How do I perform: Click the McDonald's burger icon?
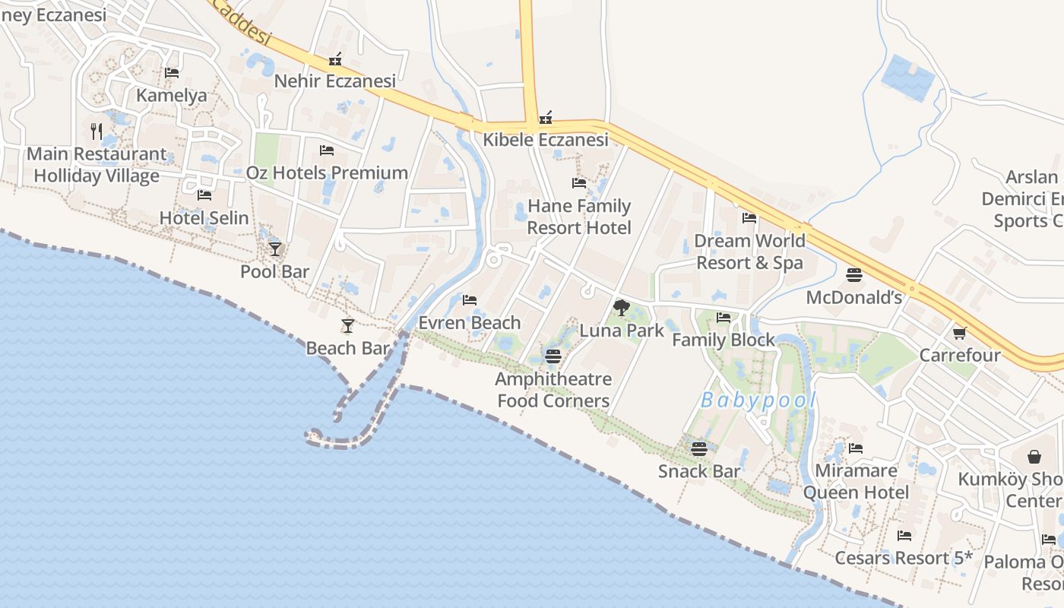click(x=854, y=274)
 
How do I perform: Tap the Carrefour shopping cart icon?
click(x=960, y=333)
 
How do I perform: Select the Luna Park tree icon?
click(x=622, y=308)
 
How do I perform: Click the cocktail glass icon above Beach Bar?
click(x=348, y=326)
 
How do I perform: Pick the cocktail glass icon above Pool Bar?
click(x=275, y=249)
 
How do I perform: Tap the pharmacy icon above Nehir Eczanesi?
click(x=335, y=59)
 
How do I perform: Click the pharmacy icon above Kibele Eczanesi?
click(x=546, y=118)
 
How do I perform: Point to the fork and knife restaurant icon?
click(x=97, y=131)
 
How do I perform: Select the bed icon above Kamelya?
click(x=172, y=73)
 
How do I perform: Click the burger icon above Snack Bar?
click(x=699, y=449)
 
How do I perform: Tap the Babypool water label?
click(x=758, y=401)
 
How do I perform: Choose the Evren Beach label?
click(x=470, y=323)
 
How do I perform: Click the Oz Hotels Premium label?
click(x=327, y=173)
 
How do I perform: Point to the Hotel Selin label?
click(x=204, y=218)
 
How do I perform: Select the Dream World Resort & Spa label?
click(x=749, y=252)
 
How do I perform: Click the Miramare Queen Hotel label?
click(x=856, y=481)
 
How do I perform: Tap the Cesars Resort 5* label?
click(x=904, y=558)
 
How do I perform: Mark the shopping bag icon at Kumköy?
click(x=1034, y=457)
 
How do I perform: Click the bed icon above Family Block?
click(x=724, y=318)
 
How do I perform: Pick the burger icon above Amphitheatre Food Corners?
click(x=553, y=356)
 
